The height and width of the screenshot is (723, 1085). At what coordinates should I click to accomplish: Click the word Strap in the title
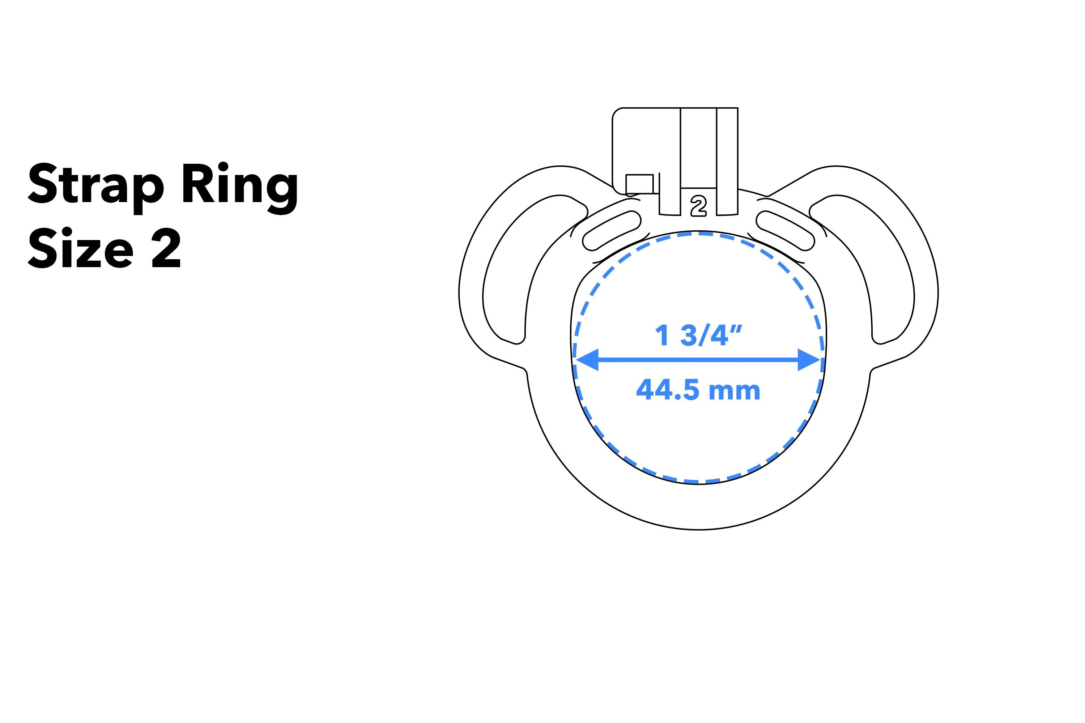[x=95, y=184]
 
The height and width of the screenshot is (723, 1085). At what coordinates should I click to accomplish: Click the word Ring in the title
[x=239, y=184]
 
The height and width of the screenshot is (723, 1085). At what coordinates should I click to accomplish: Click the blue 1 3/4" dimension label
[x=698, y=335]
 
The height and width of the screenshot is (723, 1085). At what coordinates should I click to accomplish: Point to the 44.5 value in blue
[x=668, y=390]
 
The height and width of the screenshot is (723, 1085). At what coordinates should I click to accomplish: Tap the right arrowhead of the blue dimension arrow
[x=809, y=360]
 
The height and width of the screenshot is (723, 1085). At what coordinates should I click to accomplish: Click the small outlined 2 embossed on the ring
[x=698, y=206]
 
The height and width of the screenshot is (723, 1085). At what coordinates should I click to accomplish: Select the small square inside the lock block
[x=639, y=184]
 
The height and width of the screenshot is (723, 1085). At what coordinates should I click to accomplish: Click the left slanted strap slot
[x=612, y=231]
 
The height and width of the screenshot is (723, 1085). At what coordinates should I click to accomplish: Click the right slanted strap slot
[x=785, y=231]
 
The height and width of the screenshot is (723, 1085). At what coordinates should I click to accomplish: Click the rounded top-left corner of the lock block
[x=617, y=112]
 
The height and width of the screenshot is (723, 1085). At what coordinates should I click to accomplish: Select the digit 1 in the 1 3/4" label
[x=663, y=335]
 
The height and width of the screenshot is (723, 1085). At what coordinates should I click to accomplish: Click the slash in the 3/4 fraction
[x=704, y=335]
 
